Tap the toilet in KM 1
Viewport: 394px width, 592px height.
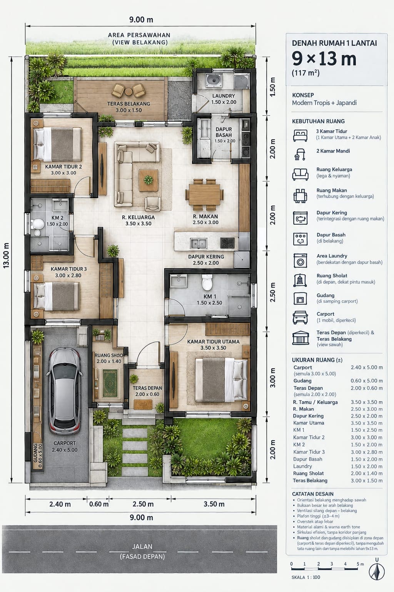(x=207, y=282)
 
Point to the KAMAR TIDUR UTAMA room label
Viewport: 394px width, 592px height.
(x=213, y=341)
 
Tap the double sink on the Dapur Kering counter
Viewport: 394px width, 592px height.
(x=199, y=243)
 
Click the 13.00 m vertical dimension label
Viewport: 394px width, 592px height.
(x=6, y=255)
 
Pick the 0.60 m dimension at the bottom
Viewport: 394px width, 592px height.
(x=99, y=504)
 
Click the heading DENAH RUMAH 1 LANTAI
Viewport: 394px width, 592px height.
(x=334, y=43)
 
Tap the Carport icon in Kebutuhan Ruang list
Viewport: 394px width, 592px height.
(x=300, y=318)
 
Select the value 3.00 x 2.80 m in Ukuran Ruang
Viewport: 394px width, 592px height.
(x=367, y=452)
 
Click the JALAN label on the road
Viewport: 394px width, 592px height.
(x=142, y=547)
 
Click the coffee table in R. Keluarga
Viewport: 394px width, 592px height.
(x=149, y=180)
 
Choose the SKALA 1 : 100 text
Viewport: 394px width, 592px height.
(x=306, y=577)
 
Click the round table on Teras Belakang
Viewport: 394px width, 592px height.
(x=129, y=92)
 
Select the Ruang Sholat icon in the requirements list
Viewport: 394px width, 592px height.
(x=300, y=280)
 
